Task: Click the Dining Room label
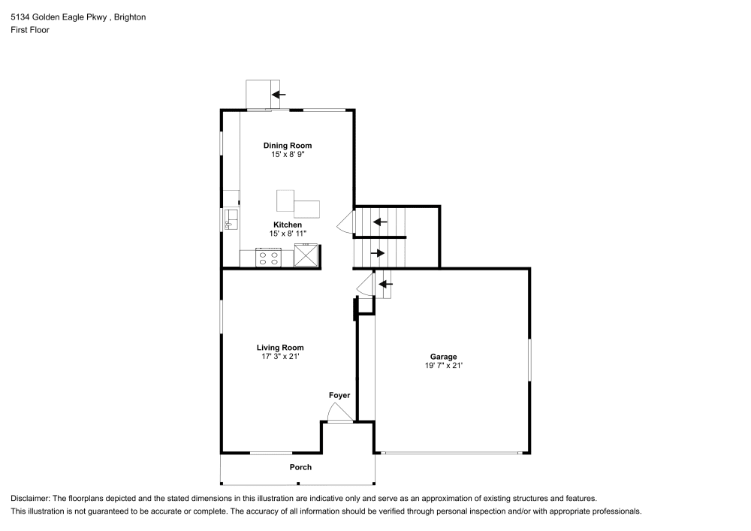coord(287,146)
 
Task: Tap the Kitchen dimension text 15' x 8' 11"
coord(287,234)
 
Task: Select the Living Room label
coord(280,348)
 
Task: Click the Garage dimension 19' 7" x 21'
coord(443,366)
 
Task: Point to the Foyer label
coord(339,395)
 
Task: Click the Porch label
coord(300,467)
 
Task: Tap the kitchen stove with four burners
coord(269,258)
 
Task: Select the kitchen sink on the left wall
coord(231,219)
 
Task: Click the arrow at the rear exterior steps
coord(279,95)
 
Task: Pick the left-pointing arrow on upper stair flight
coord(380,222)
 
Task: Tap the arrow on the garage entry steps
coord(385,284)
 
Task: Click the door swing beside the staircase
coord(345,222)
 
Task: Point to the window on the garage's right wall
coord(529,360)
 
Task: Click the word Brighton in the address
coord(130,17)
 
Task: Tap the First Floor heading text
coord(30,30)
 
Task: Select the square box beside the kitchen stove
coord(306,256)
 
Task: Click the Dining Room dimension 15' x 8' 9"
coord(287,154)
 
